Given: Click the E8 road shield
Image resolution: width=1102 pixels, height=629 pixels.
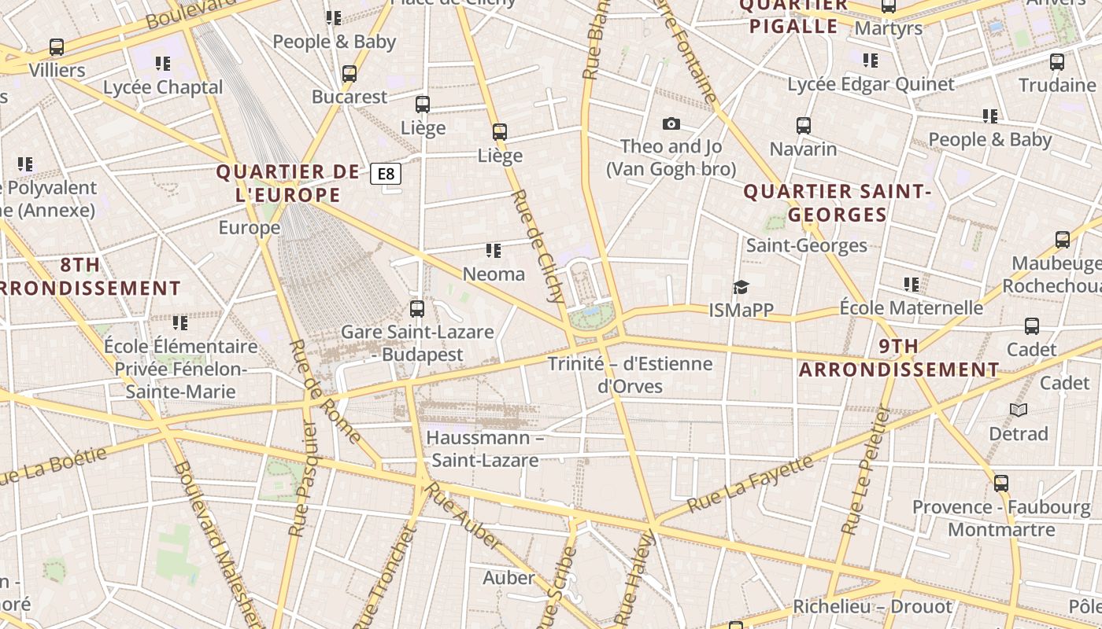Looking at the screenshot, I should [386, 173].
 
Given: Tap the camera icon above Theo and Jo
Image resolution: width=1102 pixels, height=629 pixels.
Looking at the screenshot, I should [671, 123].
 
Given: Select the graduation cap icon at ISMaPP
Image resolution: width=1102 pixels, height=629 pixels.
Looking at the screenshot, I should [741, 287].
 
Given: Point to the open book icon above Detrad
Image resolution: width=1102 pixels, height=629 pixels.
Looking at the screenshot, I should [1019, 410].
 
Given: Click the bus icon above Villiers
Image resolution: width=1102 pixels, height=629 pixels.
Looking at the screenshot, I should [57, 47].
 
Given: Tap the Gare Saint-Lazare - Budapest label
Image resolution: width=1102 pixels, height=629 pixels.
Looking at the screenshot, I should [417, 344].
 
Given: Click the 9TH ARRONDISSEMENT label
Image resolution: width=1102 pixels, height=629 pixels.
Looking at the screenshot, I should [899, 358].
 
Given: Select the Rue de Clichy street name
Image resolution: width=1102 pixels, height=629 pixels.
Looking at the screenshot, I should [538, 246].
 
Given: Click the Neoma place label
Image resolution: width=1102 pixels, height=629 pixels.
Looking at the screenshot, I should [494, 274].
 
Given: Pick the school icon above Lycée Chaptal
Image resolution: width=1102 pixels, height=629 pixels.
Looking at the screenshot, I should [163, 64].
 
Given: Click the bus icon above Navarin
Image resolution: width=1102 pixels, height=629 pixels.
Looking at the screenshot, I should [803, 126].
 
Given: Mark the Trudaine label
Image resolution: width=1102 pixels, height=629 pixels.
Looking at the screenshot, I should [1057, 85].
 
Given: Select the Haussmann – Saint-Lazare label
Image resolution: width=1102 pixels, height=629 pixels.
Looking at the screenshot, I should [485, 448].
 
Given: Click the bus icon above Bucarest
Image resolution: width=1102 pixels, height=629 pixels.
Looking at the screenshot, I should [349, 74].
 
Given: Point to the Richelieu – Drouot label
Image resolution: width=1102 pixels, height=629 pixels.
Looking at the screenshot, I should [872, 607].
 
